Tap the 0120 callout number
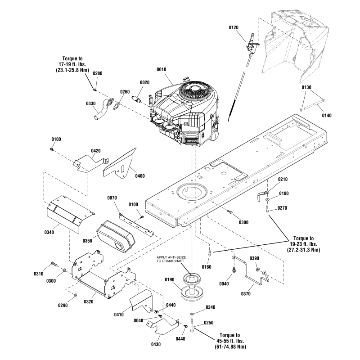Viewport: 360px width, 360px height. point(234,28)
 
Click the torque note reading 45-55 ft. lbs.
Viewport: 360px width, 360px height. point(229,341)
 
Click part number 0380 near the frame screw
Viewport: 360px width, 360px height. point(243,222)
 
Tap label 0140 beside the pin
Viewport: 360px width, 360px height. point(327,116)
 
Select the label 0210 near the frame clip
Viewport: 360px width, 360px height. point(283,180)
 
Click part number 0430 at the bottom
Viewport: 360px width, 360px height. point(156,344)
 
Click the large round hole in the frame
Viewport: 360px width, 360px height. point(193,192)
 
